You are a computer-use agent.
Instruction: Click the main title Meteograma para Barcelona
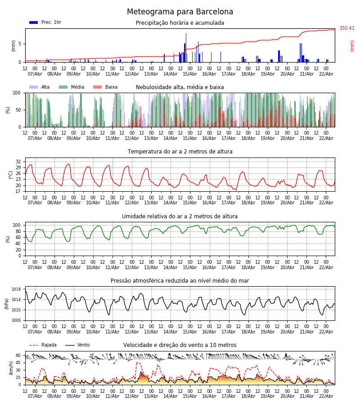click(x=180, y=12)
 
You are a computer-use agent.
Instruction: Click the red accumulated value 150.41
click(x=347, y=28)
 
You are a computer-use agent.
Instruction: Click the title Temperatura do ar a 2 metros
click(x=180, y=152)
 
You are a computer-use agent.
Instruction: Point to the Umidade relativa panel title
click(x=180, y=216)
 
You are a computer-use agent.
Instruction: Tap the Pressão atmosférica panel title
click(x=180, y=281)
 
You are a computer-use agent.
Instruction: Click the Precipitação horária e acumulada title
click(x=180, y=23)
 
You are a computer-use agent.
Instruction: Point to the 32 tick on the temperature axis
click(x=18, y=162)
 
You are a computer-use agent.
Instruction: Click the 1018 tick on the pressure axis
click(x=17, y=289)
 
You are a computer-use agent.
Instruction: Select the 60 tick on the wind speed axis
click(x=18, y=355)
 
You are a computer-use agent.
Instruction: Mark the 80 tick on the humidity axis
click(x=18, y=231)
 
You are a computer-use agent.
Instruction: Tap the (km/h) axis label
click(x=11, y=368)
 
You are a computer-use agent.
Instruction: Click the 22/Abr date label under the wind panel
click(x=326, y=396)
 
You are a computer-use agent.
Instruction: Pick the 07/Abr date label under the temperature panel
click(x=35, y=202)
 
